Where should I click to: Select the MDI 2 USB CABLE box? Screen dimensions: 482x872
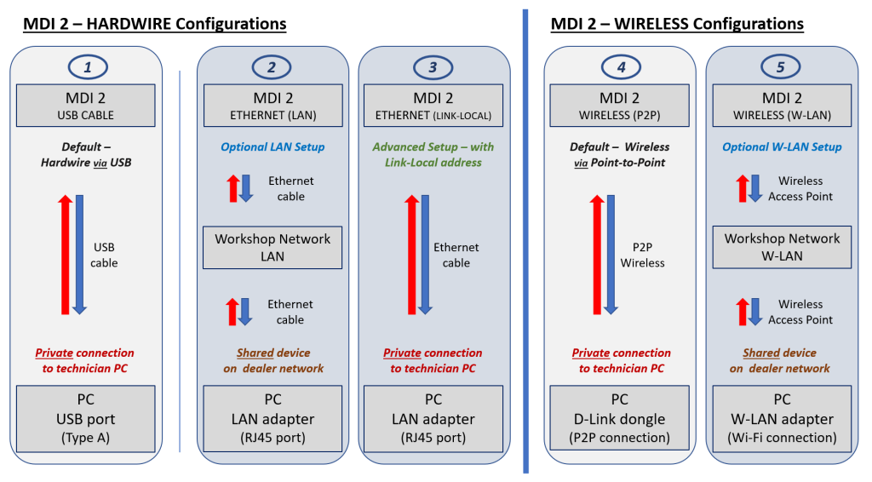[x=85, y=106]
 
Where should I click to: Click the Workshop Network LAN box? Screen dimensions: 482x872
[x=272, y=247]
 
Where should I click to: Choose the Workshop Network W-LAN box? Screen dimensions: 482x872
[x=782, y=247]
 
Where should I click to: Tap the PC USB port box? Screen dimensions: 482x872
[x=85, y=418]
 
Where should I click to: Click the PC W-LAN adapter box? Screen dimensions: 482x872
[x=782, y=418]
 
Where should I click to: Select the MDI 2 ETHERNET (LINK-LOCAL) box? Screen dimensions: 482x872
[x=433, y=106]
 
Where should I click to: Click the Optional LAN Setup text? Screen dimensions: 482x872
[x=272, y=146]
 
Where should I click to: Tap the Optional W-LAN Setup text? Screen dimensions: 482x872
[x=782, y=146]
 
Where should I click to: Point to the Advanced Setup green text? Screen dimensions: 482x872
[x=433, y=154]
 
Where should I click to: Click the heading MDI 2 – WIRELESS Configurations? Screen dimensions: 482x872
[x=677, y=24]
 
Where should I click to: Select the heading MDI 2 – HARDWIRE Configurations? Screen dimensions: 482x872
[x=154, y=24]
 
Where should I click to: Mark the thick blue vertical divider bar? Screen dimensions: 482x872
[x=525, y=241]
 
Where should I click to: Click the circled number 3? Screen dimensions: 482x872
[x=433, y=66]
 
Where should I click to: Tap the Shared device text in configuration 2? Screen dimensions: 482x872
[x=272, y=353]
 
